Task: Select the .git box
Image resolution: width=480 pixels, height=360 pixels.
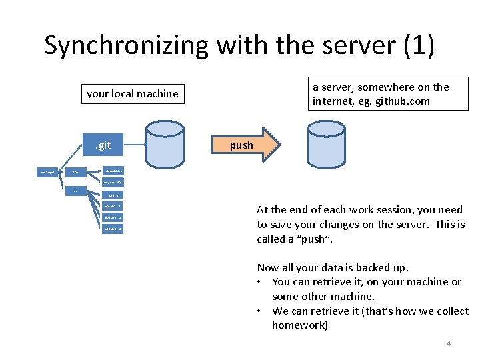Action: click(x=102, y=145)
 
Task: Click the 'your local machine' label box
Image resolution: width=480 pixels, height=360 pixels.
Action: click(x=133, y=94)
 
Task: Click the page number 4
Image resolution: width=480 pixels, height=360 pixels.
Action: click(x=449, y=343)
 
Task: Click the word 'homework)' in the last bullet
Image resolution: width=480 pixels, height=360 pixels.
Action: click(x=300, y=325)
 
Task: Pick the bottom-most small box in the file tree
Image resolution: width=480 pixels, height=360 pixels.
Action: click(x=112, y=229)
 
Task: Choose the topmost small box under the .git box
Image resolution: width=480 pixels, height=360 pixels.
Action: click(x=112, y=172)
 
